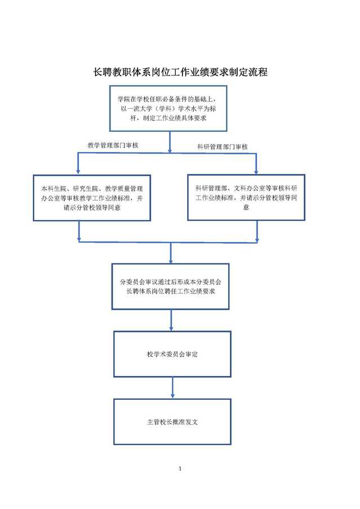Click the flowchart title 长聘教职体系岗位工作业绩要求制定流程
180,72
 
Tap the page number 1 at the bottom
180,468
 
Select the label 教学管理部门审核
113,145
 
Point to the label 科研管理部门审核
223,147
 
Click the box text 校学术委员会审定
172,354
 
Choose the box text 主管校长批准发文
172,422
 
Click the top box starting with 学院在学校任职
168,109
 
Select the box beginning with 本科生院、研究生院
92,198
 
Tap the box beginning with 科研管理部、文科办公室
246,198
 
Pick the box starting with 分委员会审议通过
171,286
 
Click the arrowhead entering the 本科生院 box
78,171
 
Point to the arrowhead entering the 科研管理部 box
256,171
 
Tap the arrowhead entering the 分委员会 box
171,260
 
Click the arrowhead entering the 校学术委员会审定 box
171,328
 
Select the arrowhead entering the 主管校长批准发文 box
172,395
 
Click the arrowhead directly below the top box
170,150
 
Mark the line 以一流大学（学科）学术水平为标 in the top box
168,109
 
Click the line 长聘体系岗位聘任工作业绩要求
171,291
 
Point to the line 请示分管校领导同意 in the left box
92,207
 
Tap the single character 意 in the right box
246,207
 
